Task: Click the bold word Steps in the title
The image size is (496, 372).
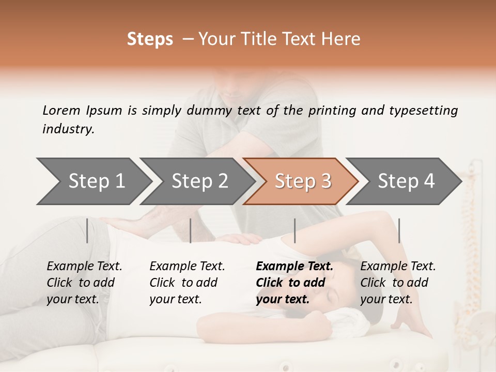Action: (150, 39)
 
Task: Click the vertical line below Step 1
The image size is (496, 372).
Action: (87, 230)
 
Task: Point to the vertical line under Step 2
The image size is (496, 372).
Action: (191, 230)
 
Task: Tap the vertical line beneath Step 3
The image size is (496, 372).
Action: (295, 230)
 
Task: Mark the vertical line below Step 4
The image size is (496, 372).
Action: (399, 230)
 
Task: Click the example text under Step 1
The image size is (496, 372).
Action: (84, 283)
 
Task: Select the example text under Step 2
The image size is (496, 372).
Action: (187, 283)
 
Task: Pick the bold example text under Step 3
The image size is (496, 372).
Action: (295, 283)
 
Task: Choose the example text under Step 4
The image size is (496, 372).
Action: (398, 283)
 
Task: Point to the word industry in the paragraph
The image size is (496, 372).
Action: (68, 129)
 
